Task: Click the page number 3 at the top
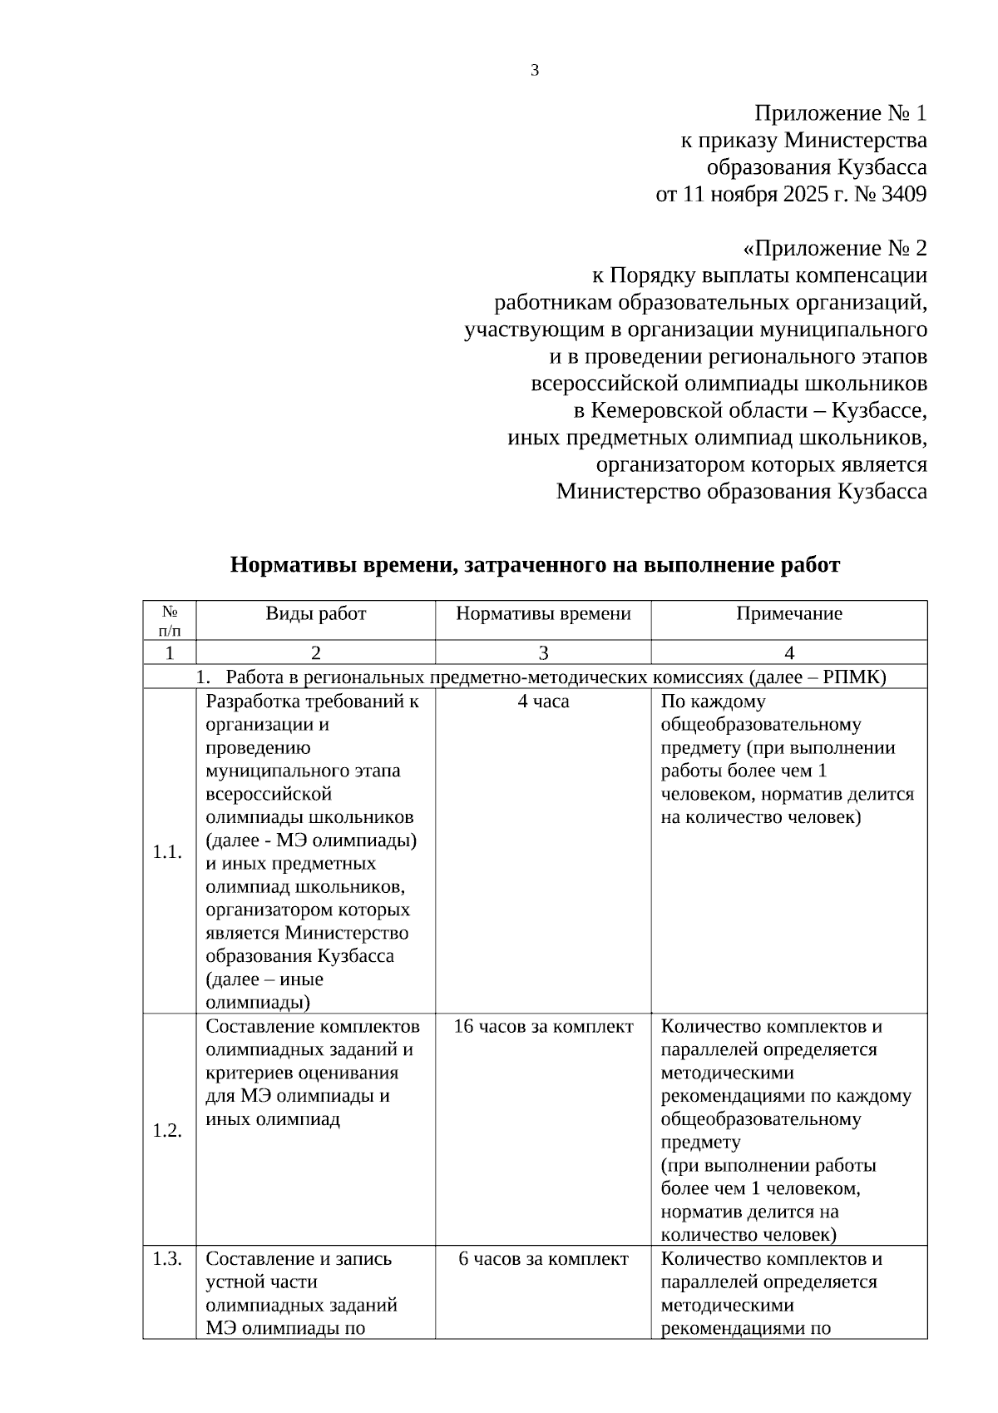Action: point(535,71)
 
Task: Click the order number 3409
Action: point(903,195)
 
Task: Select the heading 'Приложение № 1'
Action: point(840,113)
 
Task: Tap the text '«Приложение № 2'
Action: point(834,249)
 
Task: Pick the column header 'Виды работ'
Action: point(316,614)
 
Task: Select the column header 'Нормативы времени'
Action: point(543,614)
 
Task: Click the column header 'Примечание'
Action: point(788,614)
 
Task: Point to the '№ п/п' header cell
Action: point(170,621)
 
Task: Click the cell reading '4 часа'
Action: point(543,702)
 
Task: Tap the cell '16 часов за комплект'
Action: point(543,1027)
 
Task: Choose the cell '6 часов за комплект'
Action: point(543,1259)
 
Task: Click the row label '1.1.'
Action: point(168,852)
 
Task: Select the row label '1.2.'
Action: point(168,1131)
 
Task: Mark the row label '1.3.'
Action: point(168,1259)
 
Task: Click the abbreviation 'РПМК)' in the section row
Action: point(857,677)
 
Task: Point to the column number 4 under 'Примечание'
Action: point(788,653)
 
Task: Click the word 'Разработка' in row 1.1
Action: point(246,702)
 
